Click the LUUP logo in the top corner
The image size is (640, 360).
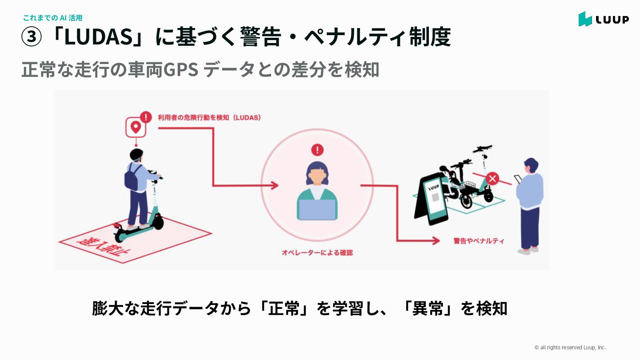[603, 19]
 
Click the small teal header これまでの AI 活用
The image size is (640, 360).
[52, 18]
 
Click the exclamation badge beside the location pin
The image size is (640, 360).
[145, 117]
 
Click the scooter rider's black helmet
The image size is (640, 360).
[136, 155]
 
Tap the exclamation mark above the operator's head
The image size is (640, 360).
[317, 150]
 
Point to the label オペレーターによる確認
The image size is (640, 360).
[317, 252]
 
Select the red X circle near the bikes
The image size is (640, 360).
[492, 179]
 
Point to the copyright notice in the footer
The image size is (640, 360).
[570, 348]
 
